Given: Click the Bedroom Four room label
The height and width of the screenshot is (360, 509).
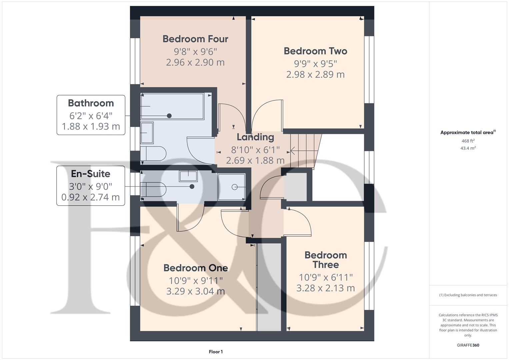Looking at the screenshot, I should pos(195,39).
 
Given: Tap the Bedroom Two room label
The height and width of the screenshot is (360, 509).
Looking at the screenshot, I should pos(315,51).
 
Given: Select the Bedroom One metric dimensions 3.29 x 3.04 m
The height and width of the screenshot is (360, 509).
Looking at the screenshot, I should pos(195,291).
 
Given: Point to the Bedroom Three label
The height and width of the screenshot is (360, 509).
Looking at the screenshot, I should pos(326,260).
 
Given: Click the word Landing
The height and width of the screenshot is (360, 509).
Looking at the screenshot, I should pos(255,137).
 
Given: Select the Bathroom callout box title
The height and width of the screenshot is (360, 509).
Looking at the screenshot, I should pos(91,103).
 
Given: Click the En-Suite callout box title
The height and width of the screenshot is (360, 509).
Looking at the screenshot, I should pos(90,174).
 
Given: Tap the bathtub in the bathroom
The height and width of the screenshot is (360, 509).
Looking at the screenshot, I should pos(172,106).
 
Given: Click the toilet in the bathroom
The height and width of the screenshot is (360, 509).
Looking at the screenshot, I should pos(153,154).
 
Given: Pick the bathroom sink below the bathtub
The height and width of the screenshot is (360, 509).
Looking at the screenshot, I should pos(147,133).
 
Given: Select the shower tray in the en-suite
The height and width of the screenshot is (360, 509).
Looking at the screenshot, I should pos(232,187).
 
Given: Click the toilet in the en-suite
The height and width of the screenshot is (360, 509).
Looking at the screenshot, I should pos(153,189).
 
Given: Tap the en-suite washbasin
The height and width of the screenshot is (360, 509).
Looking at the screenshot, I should pos(188,176).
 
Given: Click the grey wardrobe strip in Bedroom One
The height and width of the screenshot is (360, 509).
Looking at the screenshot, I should pos(269,287).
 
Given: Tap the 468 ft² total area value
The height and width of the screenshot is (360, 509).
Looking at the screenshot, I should pos(468,141).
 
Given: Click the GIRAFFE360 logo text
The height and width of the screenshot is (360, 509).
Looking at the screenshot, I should pos(468,345).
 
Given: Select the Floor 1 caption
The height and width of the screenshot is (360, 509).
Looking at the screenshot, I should pos(216,352).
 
